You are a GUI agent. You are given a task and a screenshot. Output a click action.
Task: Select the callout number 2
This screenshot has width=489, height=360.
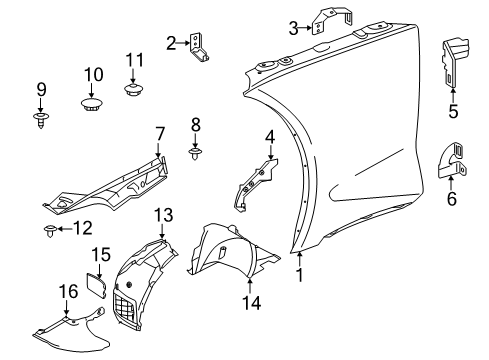(x=170, y=42)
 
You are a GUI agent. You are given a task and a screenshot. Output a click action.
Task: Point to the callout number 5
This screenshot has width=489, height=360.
(x=453, y=111)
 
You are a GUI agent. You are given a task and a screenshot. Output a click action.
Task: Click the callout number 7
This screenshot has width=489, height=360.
(x=158, y=133)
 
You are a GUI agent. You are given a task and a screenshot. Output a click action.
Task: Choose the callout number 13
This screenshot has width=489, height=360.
(x=163, y=214)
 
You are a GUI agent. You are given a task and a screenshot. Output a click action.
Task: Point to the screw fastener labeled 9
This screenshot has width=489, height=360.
(x=42, y=123)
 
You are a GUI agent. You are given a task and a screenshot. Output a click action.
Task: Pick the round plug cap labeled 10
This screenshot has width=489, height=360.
(x=93, y=104)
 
